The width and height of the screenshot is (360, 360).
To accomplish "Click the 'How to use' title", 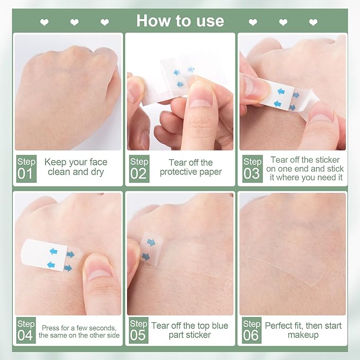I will pos(180,21).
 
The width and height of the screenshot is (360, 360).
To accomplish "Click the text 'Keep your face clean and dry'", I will pos(76,167).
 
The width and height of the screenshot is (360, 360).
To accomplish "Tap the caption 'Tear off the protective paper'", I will pos(191,167).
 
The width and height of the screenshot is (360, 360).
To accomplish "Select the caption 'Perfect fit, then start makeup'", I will pos(303,330).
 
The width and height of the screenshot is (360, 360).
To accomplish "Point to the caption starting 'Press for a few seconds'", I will pos(80,331).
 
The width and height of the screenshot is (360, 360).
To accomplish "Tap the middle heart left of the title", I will pos(75,22).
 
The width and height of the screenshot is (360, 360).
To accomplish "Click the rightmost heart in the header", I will pos(313,22).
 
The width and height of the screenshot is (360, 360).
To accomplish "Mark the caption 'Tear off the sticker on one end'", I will pos(305,168).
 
